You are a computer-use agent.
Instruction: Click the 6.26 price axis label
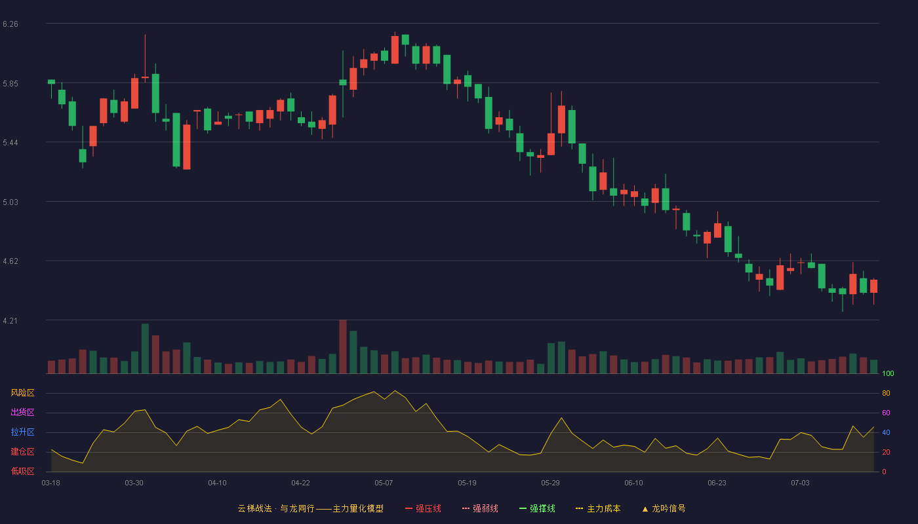pyautogui.click(x=10, y=24)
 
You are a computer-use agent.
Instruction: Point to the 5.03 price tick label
pyautogui.click(x=10, y=202)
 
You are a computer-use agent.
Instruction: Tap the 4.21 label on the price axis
pyautogui.click(x=10, y=321)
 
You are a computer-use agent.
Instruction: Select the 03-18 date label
pyautogui.click(x=51, y=483)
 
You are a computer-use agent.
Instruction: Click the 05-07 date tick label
pyautogui.click(x=384, y=483)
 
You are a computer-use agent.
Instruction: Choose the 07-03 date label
pyautogui.click(x=800, y=483)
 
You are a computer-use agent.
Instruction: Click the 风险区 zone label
pyautogui.click(x=22, y=393)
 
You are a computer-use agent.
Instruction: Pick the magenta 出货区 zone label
pyautogui.click(x=22, y=412)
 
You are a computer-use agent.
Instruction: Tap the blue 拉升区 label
pyautogui.click(x=22, y=432)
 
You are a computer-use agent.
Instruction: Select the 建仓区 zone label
pyautogui.click(x=22, y=451)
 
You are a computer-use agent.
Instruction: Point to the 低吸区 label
pyautogui.click(x=22, y=471)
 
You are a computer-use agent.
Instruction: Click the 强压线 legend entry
pyautogui.click(x=423, y=508)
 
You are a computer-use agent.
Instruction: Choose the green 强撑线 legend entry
pyautogui.click(x=537, y=508)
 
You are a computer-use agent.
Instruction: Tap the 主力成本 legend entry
pyautogui.click(x=598, y=508)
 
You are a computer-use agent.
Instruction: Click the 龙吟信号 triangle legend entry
pyautogui.click(x=664, y=508)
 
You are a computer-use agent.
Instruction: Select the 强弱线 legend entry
pyautogui.click(x=480, y=508)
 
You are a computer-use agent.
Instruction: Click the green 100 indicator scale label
pyautogui.click(x=888, y=373)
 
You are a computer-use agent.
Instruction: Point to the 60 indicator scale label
pyautogui.click(x=886, y=413)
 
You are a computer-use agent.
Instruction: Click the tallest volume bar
pyautogui.click(x=343, y=346)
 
